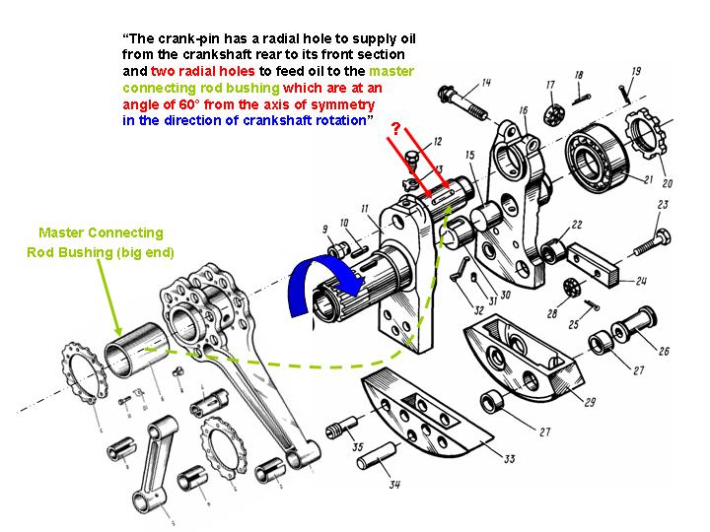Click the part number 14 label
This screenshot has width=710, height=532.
coord(486,82)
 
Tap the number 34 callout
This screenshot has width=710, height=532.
coord(395,484)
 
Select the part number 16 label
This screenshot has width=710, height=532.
coord(523,110)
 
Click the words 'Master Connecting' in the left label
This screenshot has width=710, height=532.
coord(102,233)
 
